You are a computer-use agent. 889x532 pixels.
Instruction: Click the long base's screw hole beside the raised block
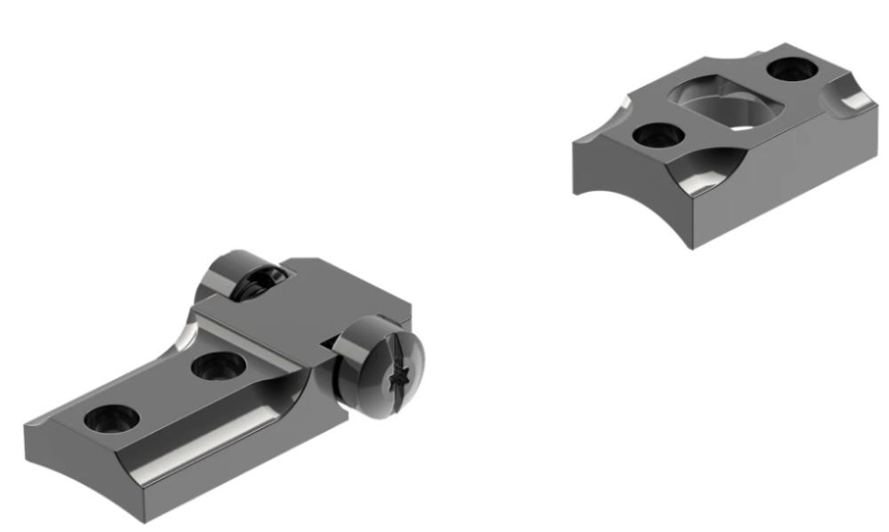click(x=216, y=364)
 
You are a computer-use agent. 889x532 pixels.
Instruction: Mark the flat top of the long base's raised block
click(x=302, y=302)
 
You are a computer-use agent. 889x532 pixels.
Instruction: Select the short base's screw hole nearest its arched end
click(x=659, y=135)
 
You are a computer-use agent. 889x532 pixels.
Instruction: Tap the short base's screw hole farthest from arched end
click(x=788, y=69)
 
